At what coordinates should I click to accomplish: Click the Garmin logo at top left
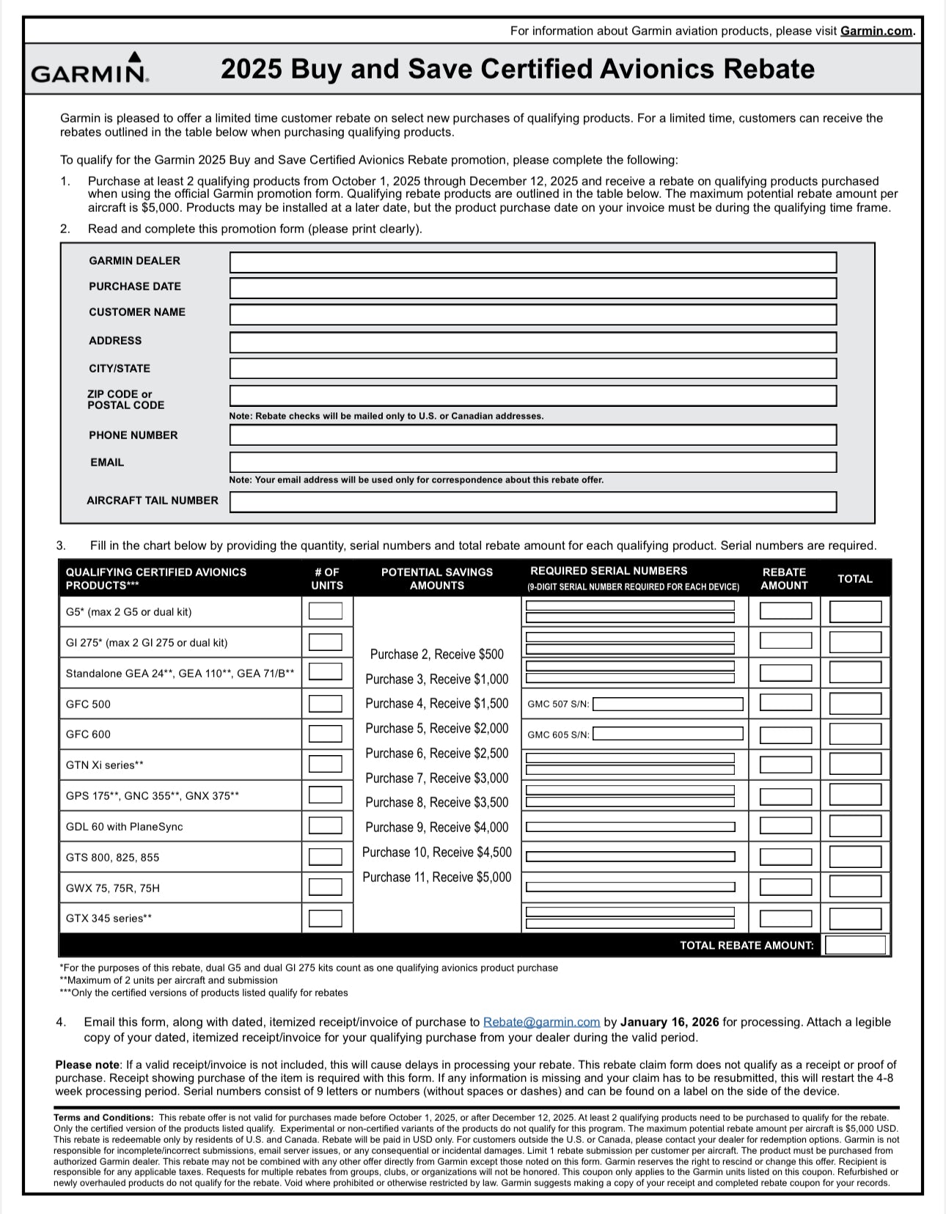coord(89,68)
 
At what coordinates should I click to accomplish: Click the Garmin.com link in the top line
coord(876,31)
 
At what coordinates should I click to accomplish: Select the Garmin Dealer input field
coord(532,262)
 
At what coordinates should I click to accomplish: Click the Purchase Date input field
coord(532,288)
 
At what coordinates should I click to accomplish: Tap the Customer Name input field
coord(532,314)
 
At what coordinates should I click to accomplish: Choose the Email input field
coord(532,463)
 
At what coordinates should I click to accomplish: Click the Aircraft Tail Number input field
coord(532,501)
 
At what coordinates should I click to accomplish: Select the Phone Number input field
coord(532,435)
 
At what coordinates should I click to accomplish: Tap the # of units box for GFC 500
coord(325,704)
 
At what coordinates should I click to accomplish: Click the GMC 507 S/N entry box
coord(667,705)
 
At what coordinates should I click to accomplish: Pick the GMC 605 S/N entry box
coord(667,734)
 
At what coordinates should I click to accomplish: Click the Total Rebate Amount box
coord(854,945)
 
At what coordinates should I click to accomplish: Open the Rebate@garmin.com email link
coord(541,1022)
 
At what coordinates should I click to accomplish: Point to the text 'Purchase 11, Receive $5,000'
coord(437,878)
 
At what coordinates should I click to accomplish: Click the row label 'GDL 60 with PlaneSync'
coord(125,827)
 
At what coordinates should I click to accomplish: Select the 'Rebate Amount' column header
coord(784,578)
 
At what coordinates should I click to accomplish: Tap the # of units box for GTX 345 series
coord(325,919)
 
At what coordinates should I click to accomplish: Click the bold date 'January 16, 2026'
coord(670,1022)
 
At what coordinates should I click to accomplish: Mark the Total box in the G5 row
coord(855,611)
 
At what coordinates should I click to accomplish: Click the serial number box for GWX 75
coord(631,887)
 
